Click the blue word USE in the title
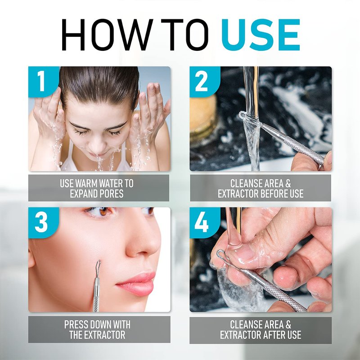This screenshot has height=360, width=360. [261, 35]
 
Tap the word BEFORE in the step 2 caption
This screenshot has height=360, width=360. [273, 193]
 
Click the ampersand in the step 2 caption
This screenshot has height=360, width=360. [288, 184]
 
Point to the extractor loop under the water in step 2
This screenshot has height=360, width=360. [250, 118]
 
